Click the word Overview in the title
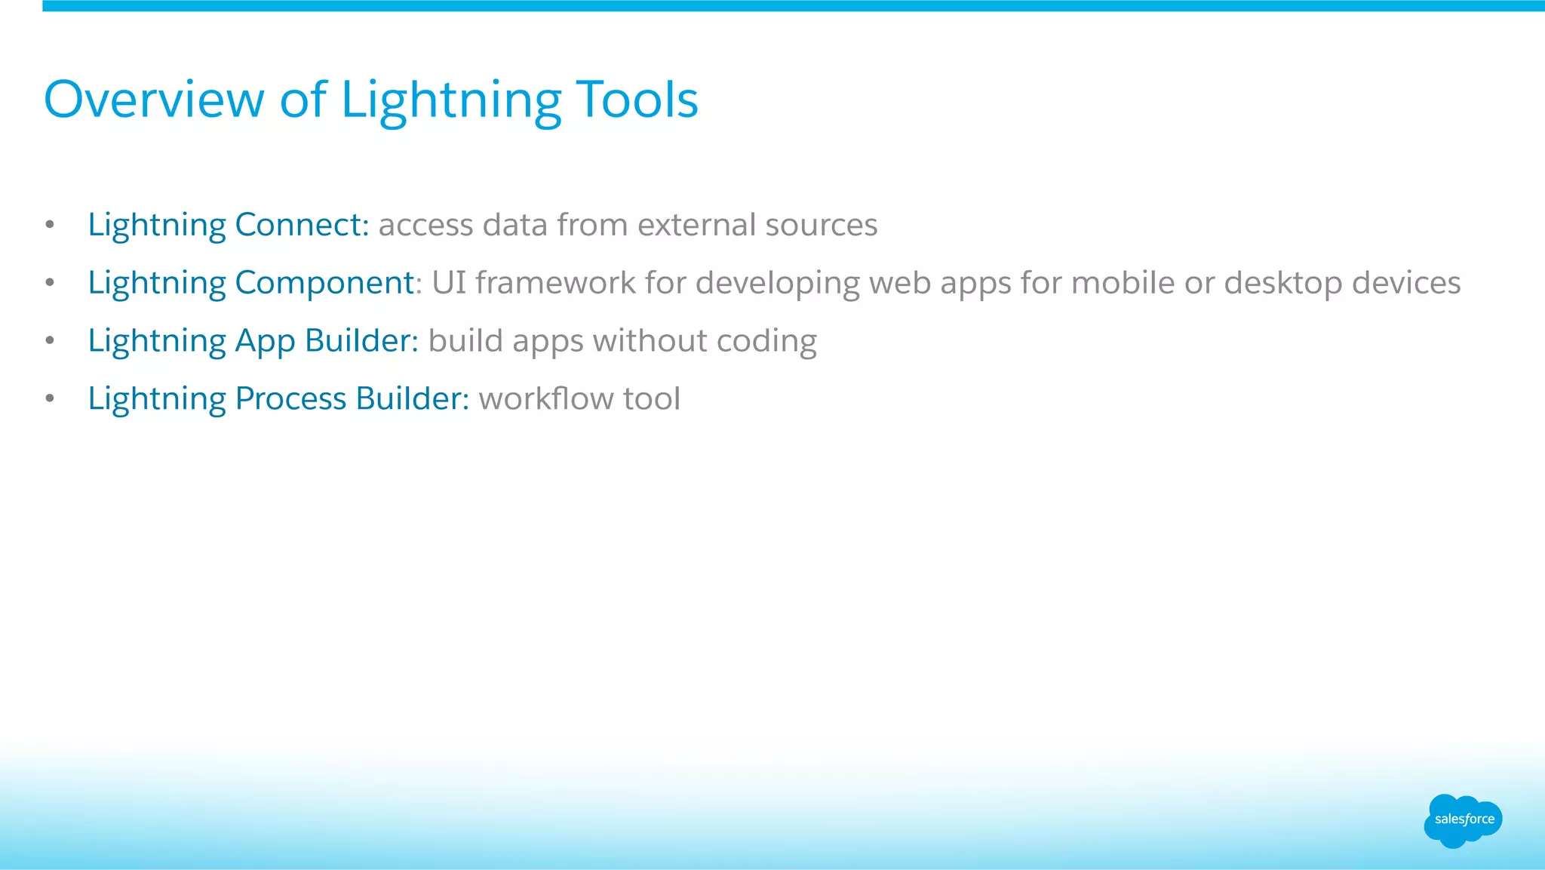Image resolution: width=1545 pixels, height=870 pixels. [x=154, y=100]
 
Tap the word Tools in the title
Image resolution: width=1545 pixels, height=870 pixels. [x=637, y=100]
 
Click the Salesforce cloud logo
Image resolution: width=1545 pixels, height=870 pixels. [x=1463, y=820]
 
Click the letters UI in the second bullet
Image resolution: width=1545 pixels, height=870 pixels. [x=449, y=283]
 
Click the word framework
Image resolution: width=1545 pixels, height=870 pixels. [x=555, y=283]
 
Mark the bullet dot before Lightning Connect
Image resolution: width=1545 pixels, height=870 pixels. [x=50, y=225]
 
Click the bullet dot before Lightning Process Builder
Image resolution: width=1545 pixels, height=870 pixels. [x=50, y=398]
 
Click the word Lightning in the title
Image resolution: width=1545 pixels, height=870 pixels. [x=451, y=100]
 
